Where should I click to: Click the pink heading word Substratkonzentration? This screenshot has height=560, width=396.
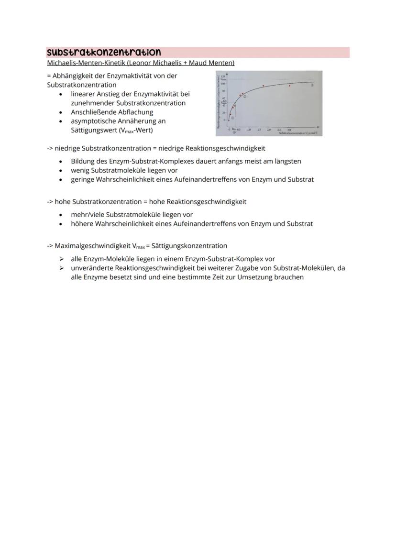coord(104,52)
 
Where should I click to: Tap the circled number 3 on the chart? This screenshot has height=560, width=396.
coord(312,85)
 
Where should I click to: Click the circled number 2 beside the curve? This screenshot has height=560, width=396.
coord(245,97)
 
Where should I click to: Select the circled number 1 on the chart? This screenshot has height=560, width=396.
coord(232,117)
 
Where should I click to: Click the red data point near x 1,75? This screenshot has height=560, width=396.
coord(263,86)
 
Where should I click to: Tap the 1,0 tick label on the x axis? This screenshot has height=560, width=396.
coord(249,130)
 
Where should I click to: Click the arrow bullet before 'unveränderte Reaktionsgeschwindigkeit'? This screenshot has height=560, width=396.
coord(61,268)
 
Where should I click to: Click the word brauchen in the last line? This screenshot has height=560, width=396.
coord(289,277)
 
